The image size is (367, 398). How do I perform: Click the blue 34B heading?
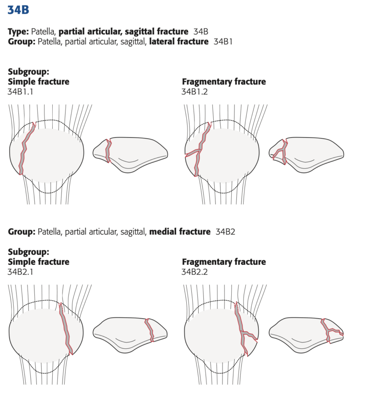[x=18, y=10]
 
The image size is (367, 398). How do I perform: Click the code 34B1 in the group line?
[x=223, y=41]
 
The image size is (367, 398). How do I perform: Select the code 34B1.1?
[x=20, y=91]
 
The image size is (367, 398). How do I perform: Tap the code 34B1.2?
[x=195, y=91]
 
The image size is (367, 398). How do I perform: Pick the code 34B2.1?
[x=20, y=272]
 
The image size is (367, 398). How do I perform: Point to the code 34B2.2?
[x=195, y=272]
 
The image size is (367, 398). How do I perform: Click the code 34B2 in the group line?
[x=225, y=231]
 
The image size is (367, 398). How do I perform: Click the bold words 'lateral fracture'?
[x=179, y=41]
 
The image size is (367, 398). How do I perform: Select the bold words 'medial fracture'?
[x=180, y=231]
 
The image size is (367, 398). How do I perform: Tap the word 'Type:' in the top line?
[x=18, y=32]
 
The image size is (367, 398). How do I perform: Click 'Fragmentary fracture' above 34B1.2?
[x=224, y=82]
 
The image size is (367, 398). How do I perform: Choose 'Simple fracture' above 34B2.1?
[x=39, y=262]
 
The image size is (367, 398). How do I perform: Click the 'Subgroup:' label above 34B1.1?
[x=28, y=72]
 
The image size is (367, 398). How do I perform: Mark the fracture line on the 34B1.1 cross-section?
[x=108, y=151]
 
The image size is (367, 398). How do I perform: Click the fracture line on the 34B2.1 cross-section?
[x=150, y=330]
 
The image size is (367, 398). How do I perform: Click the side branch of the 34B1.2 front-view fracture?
[x=193, y=153]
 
